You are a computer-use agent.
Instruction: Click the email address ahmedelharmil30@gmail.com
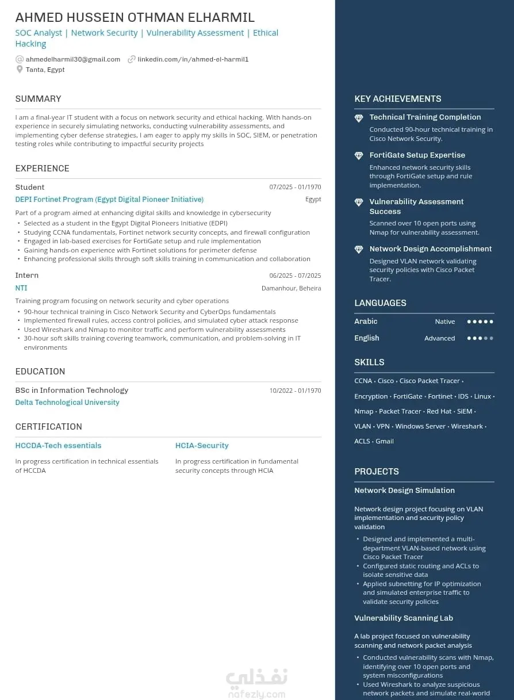pyautogui.click(x=73, y=59)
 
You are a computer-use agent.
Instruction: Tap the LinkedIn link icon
pyautogui.click(x=132, y=59)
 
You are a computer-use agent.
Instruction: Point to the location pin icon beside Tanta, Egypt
pyautogui.click(x=20, y=70)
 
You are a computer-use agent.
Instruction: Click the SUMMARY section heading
pyautogui.click(x=38, y=99)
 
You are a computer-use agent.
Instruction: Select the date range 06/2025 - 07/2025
pyautogui.click(x=295, y=276)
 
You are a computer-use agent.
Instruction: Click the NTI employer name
pyautogui.click(x=21, y=288)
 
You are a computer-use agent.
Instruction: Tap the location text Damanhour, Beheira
pyautogui.click(x=291, y=289)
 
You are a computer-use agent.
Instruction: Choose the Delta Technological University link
pyautogui.click(x=67, y=403)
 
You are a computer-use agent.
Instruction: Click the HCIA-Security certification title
pyautogui.click(x=202, y=446)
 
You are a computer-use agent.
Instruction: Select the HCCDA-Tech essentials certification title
pyautogui.click(x=58, y=446)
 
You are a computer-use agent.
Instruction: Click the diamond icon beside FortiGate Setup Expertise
pyautogui.click(x=359, y=156)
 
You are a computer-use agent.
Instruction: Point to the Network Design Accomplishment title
pyautogui.click(x=431, y=249)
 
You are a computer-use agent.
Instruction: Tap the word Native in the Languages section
pyautogui.click(x=444, y=322)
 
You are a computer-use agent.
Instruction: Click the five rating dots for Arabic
pyautogui.click(x=480, y=322)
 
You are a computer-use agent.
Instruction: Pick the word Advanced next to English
pyautogui.click(x=439, y=339)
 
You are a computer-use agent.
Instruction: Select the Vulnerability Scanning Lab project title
pyautogui.click(x=404, y=618)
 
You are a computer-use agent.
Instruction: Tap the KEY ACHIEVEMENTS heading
pyautogui.click(x=398, y=99)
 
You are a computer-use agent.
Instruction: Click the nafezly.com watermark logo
pyautogui.click(x=256, y=683)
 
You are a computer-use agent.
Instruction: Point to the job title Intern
pyautogui.click(x=27, y=276)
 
